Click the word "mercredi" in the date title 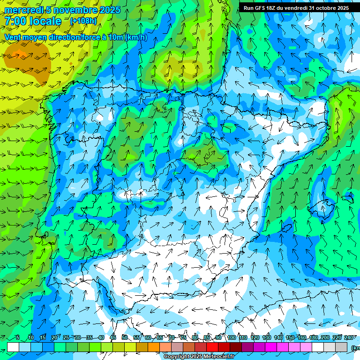click(22, 10)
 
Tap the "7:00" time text click(15, 21)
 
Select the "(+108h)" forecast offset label click(83, 21)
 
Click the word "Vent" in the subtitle click(13, 37)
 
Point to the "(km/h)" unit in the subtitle click(136, 37)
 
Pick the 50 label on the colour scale click(125, 338)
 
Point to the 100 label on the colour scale click(231, 338)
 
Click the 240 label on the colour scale click(348, 338)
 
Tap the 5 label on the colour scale click(18, 338)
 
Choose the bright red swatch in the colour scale click(212, 347)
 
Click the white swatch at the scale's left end click(13, 347)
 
